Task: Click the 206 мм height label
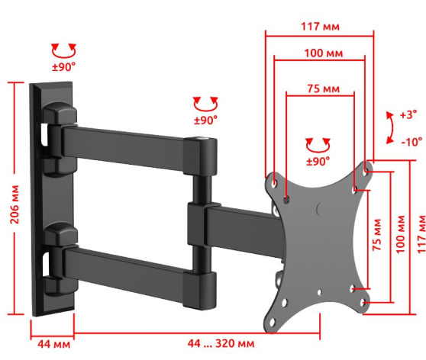(15, 204)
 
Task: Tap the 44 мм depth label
(53, 344)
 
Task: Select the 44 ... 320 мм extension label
(221, 343)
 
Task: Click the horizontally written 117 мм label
(321, 27)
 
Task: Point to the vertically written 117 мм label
(421, 234)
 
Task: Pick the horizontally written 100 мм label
(323, 53)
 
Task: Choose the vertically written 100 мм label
(401, 235)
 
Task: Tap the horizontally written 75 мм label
(323, 88)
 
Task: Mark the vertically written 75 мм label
(377, 235)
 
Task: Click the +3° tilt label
(408, 114)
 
